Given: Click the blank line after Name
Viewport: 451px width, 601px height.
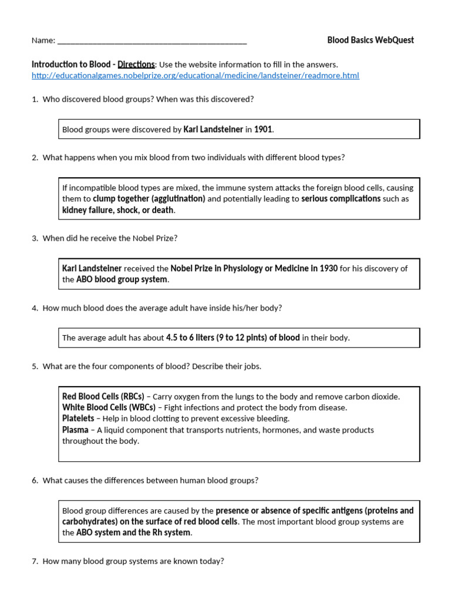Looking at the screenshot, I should [152, 42].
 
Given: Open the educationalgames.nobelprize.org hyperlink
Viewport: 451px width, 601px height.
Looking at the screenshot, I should [195, 76].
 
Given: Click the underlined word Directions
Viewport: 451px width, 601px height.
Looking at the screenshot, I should [136, 64].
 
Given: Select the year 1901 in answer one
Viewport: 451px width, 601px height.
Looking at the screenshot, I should [263, 129].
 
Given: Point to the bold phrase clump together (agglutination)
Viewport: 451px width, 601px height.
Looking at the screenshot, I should [149, 199].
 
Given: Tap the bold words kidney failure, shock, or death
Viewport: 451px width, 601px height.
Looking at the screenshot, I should [118, 210].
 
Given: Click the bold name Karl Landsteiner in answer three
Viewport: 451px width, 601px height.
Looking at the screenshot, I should [92, 268].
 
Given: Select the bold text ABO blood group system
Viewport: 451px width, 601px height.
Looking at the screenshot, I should [122, 280].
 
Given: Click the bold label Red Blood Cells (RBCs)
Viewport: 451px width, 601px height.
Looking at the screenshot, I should [103, 396].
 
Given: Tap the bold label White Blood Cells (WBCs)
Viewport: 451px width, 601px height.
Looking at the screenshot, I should [109, 407].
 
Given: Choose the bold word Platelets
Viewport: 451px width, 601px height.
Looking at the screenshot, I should [78, 418].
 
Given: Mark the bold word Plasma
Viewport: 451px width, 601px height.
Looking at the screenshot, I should [76, 430].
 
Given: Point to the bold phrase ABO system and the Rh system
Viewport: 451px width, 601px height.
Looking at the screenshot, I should [133, 532].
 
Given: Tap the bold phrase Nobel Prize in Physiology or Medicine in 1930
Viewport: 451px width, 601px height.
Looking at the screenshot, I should [254, 268].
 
